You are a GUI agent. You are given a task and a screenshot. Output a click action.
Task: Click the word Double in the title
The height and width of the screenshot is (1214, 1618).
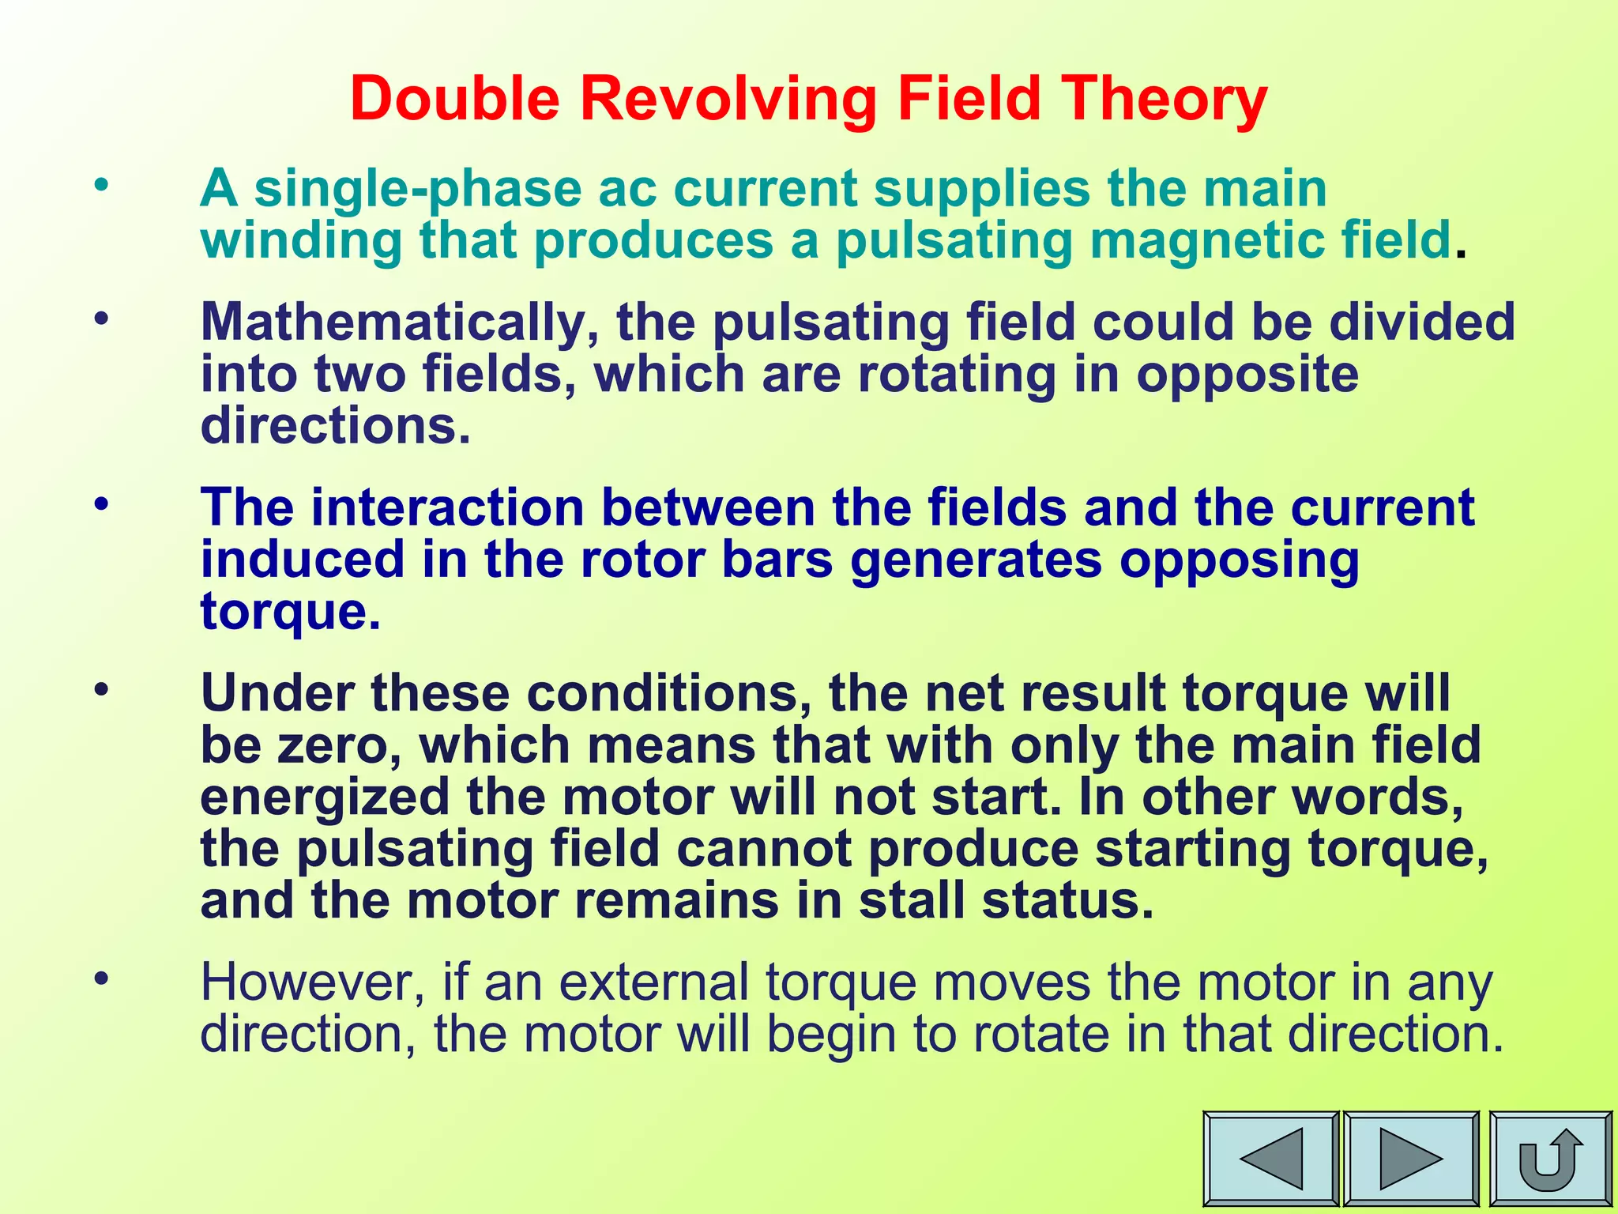pyautogui.click(x=455, y=99)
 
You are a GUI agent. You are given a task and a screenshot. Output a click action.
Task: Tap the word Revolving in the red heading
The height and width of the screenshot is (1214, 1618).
pyautogui.click(x=728, y=100)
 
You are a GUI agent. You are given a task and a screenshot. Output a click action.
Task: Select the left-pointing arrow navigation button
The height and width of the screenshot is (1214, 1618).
pyautogui.click(x=1270, y=1159)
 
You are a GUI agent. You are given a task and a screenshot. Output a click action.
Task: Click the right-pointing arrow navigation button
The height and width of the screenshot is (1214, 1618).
pyautogui.click(x=1410, y=1159)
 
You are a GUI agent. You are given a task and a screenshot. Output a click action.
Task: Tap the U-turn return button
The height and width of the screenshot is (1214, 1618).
pyautogui.click(x=1550, y=1159)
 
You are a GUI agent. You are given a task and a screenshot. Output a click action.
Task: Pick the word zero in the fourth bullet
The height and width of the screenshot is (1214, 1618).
pyautogui.click(x=338, y=745)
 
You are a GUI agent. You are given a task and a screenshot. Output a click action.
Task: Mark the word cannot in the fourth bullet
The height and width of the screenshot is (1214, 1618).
pyautogui.click(x=764, y=849)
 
